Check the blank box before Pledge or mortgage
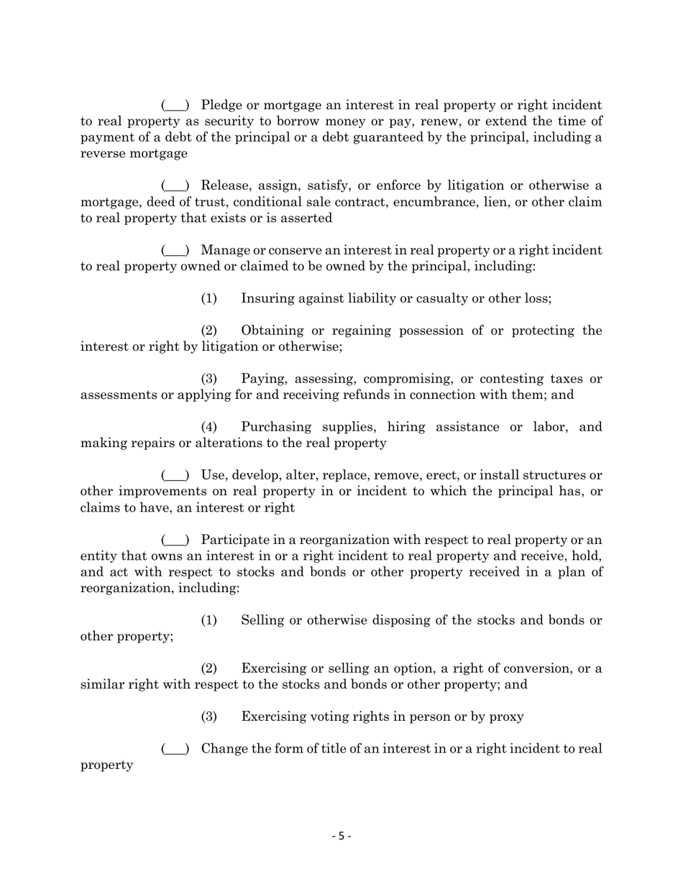point(175,106)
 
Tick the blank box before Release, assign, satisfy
point(175,186)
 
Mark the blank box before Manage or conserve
point(175,250)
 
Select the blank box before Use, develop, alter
point(175,475)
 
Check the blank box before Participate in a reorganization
point(175,540)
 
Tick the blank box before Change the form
point(175,749)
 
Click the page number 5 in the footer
point(341,836)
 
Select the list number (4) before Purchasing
point(208,427)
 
